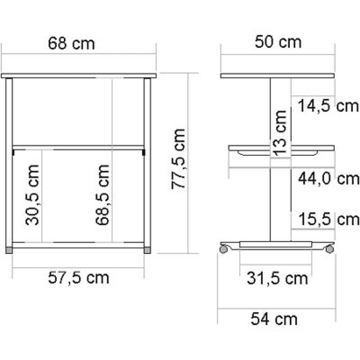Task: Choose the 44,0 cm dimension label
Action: coord(329,179)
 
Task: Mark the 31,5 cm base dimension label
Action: coord(277,279)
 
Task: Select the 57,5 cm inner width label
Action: coord(79,278)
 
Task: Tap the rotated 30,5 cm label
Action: coord(32,194)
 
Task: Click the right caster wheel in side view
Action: coord(331,248)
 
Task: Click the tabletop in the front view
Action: coord(78,75)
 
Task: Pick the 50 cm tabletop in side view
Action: coord(278,75)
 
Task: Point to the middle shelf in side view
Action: coord(281,148)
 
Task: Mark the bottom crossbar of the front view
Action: coord(78,245)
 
